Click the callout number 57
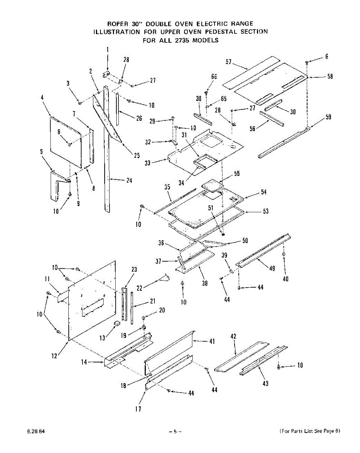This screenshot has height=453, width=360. point(228,62)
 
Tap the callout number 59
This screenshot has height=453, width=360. point(328,117)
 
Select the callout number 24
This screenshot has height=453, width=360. point(129,180)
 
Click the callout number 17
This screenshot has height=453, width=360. point(139,408)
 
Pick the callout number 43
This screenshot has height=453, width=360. point(265,384)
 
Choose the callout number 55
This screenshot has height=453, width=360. point(237,174)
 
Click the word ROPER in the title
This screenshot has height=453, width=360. point(118,24)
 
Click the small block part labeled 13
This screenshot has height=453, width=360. point(117,323)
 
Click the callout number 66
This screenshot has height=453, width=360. point(214,77)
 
